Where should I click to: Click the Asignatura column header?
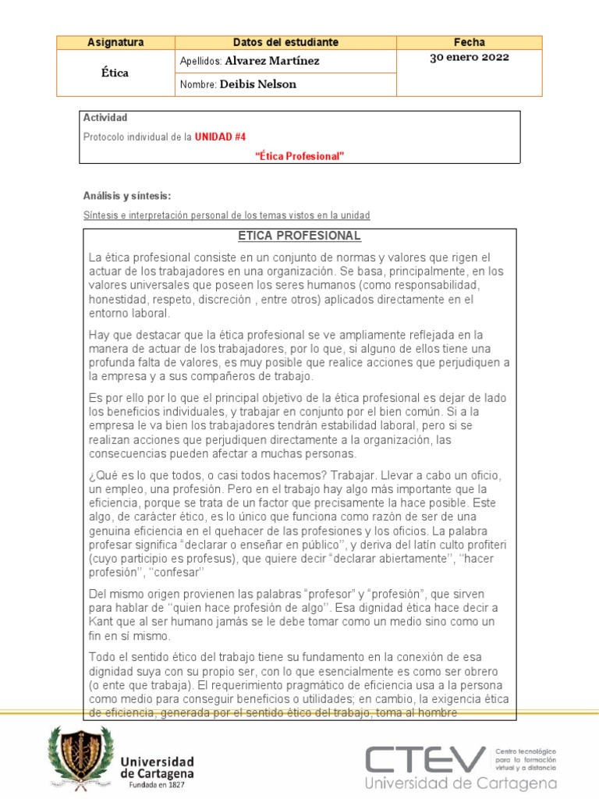click(116, 42)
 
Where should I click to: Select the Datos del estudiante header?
click(285, 42)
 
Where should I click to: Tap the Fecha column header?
click(469, 42)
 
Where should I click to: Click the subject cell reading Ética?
click(116, 73)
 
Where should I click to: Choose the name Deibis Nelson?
click(258, 84)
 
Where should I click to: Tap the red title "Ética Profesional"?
click(299, 156)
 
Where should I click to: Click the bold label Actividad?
click(105, 118)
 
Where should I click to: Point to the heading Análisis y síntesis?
click(126, 196)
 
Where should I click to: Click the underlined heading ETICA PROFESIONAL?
click(299, 236)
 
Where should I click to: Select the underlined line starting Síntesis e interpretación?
click(226, 215)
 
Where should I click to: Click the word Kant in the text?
click(101, 621)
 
